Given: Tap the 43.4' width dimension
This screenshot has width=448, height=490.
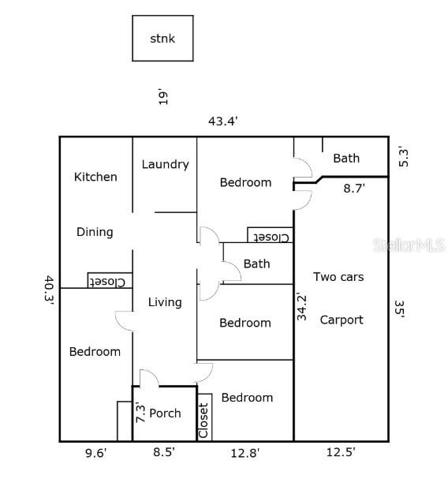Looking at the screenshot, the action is pyautogui.click(x=223, y=122).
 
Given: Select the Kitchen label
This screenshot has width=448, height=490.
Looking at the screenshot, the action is pyautogui.click(x=95, y=177).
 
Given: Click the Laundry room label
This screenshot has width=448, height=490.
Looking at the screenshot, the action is pyautogui.click(x=166, y=165).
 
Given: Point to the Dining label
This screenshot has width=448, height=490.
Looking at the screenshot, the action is pyautogui.click(x=95, y=232).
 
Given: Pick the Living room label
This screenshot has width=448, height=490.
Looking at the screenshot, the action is pyautogui.click(x=165, y=302).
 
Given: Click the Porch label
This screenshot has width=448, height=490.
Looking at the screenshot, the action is pyautogui.click(x=165, y=413).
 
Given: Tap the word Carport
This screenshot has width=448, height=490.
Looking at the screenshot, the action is pyautogui.click(x=342, y=320).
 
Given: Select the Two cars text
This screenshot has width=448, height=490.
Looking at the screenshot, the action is pyautogui.click(x=338, y=277).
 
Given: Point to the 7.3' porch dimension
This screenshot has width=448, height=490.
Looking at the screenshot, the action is pyautogui.click(x=141, y=413).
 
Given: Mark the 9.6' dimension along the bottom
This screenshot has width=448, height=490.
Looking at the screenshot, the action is pyautogui.click(x=96, y=453).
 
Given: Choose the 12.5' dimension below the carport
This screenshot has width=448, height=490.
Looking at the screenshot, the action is pyautogui.click(x=341, y=452).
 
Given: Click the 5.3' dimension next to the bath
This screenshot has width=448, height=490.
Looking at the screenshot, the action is pyautogui.click(x=403, y=158).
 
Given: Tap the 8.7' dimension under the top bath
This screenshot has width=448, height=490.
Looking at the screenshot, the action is pyautogui.click(x=354, y=189).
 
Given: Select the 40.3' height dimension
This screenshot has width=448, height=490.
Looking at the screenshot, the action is pyautogui.click(x=49, y=290).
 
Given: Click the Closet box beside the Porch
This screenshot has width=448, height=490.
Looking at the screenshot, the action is pyautogui.click(x=204, y=417).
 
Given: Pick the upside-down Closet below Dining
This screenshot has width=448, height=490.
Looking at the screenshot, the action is pyautogui.click(x=110, y=280).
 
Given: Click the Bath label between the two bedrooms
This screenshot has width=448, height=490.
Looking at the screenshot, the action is pyautogui.click(x=257, y=264).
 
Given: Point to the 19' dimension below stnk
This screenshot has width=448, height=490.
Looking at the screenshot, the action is pyautogui.click(x=163, y=98).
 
